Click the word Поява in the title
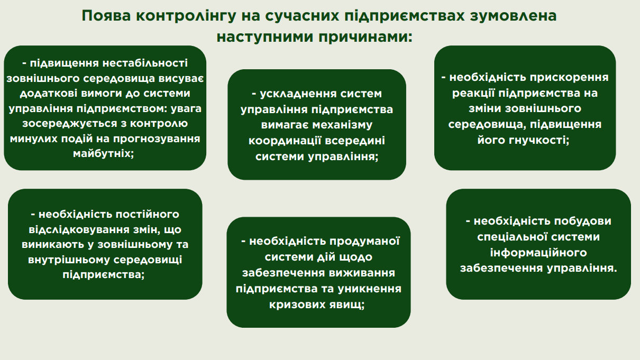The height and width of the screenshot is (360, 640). [106, 16]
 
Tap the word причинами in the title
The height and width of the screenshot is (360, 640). [365, 38]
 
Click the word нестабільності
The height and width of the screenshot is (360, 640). [145, 63]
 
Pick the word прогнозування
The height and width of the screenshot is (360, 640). [157, 139]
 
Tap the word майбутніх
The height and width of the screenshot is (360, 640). [103, 154]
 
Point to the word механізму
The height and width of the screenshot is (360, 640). [342, 125]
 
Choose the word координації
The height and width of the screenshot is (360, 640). [285, 141]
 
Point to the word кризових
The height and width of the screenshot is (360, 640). [297, 305]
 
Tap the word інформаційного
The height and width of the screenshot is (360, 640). [538, 253]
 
